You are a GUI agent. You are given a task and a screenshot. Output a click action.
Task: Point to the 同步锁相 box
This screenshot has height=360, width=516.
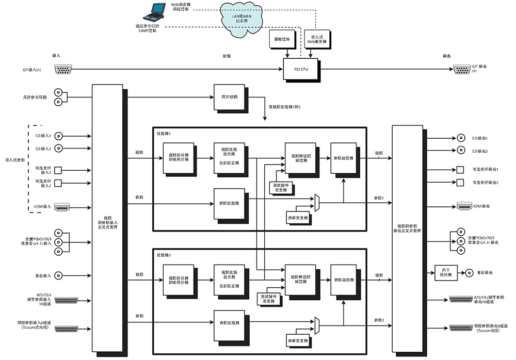click(x=229, y=97)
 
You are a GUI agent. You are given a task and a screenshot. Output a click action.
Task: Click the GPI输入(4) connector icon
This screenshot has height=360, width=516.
click(x=63, y=69)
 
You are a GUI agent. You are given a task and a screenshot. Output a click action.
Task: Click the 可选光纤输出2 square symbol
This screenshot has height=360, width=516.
click(x=460, y=183)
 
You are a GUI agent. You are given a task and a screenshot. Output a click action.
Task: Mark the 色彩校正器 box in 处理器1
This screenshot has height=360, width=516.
click(x=229, y=156)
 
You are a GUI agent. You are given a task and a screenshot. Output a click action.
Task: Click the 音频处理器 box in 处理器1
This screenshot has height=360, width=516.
click(x=229, y=202)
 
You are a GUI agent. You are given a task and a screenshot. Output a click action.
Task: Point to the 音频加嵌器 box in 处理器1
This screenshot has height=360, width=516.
click(x=344, y=158)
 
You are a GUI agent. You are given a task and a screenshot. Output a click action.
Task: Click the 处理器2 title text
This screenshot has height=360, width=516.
click(x=164, y=256)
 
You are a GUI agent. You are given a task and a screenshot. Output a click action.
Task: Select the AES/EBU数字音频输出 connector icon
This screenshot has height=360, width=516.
click(x=460, y=300)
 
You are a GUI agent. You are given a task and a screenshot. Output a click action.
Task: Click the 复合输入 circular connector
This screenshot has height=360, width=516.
click(x=60, y=275)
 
